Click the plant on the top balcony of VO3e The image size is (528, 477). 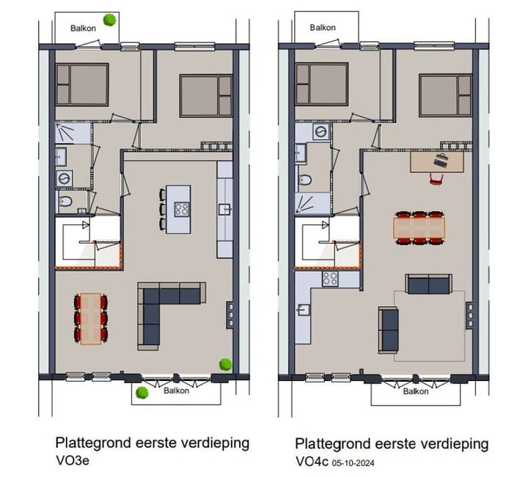[110, 20]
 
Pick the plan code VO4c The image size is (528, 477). [312, 462]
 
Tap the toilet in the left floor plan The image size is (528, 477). [65, 201]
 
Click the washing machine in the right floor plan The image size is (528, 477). [320, 132]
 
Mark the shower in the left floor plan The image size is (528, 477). [72, 133]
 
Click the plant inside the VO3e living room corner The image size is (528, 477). [225, 363]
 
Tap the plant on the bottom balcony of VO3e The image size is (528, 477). [142, 393]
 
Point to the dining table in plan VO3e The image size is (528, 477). [91, 318]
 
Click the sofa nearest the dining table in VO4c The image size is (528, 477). [429, 284]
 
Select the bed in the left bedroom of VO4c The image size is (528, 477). [321, 84]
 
